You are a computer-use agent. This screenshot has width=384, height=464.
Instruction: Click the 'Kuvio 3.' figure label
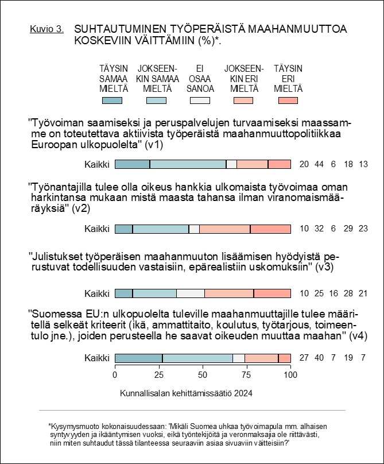46,29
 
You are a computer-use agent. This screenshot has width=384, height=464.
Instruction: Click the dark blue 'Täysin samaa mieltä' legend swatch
112,100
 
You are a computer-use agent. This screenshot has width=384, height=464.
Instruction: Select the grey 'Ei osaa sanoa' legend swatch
200,100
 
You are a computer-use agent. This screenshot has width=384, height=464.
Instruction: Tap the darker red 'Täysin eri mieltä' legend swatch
288,100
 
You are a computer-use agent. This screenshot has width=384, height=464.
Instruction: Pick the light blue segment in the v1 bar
188,164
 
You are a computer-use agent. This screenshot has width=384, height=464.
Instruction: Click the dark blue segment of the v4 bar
139,358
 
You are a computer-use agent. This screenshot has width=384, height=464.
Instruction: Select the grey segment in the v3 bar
191,293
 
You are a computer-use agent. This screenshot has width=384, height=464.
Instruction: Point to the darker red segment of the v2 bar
270,229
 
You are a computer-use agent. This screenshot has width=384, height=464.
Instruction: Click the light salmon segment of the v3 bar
229,293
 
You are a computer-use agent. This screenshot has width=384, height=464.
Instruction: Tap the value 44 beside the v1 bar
319,164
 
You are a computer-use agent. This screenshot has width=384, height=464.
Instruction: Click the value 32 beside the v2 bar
319,229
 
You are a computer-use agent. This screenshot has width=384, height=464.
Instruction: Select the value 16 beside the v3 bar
333,293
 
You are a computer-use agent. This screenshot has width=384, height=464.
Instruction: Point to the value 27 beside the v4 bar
304,358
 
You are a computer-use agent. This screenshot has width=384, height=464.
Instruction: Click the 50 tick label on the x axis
203,375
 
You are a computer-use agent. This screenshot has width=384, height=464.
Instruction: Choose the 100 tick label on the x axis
290,375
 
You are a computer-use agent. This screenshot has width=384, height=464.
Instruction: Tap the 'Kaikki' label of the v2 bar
97,229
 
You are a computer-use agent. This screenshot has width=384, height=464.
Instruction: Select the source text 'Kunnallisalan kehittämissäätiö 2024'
186,393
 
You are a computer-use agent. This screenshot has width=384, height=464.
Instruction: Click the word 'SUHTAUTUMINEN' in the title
120,29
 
